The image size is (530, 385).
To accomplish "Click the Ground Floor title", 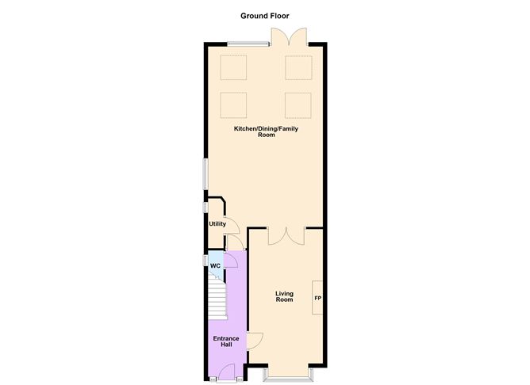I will (x=265, y=15).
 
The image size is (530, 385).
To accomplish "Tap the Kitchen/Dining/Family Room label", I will (x=265, y=132).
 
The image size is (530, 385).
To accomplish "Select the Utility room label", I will (x=217, y=224).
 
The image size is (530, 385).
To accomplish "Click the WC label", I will (x=215, y=265).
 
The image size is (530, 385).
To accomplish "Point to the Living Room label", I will (x=284, y=296).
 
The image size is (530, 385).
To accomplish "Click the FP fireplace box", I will (x=318, y=299).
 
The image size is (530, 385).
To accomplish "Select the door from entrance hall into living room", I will (x=255, y=341).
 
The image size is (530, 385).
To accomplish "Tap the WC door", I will (x=233, y=261).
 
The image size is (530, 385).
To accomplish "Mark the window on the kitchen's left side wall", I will (x=205, y=173).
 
